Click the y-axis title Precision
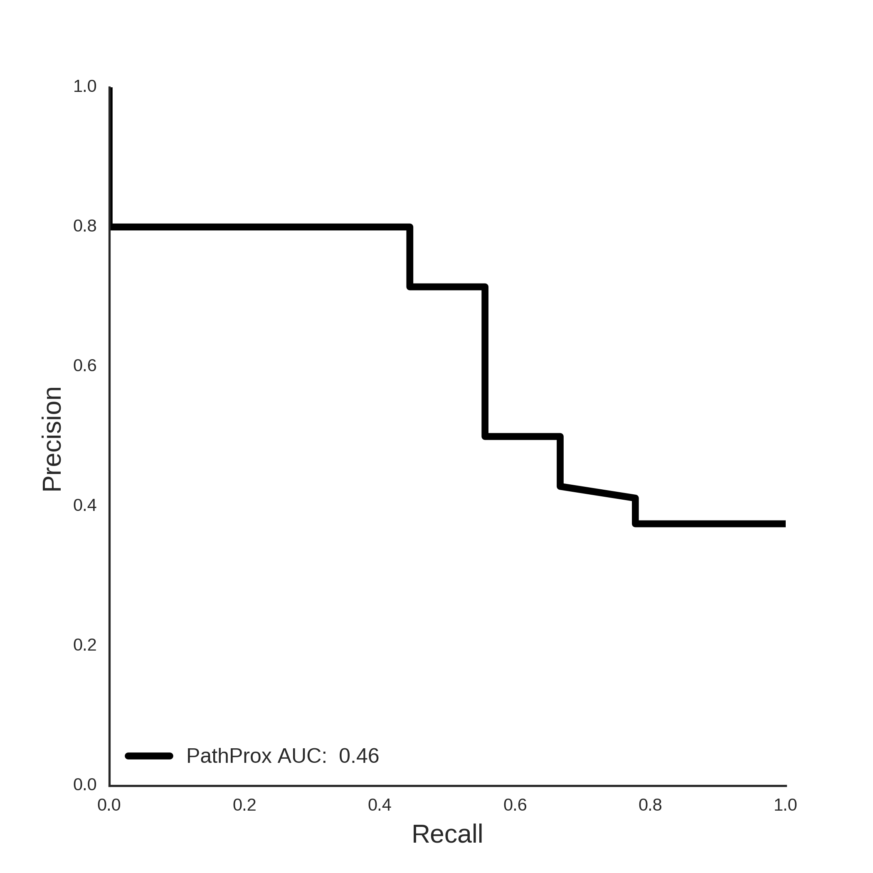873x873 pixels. (52, 439)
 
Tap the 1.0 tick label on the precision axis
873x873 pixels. (85, 86)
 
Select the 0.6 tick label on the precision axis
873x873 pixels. (85, 365)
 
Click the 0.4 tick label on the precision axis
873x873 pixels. (85, 505)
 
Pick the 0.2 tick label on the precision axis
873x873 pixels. (85, 645)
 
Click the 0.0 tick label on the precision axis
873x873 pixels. (85, 784)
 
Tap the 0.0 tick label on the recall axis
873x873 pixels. (109, 805)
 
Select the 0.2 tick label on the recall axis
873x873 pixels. (244, 805)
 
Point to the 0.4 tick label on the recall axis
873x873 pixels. (380, 805)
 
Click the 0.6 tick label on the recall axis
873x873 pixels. (515, 805)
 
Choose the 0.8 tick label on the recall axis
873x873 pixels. (650, 805)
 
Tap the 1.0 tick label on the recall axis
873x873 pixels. (785, 805)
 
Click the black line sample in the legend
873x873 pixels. (149, 756)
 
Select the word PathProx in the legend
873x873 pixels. (229, 756)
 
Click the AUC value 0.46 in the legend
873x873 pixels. (359, 756)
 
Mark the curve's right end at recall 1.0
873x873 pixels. (785, 524)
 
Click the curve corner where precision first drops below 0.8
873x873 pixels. (410, 227)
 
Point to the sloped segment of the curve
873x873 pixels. (598, 492)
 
